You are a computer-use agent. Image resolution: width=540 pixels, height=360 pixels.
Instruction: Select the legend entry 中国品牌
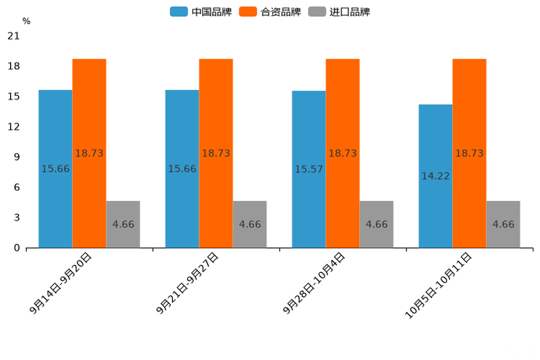point(201,12)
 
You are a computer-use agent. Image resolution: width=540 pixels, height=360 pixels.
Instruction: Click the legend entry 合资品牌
point(271,12)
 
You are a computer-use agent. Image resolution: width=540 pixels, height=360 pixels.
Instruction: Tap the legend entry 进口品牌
point(340,12)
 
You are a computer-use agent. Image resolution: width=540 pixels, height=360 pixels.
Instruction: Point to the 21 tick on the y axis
point(14,36)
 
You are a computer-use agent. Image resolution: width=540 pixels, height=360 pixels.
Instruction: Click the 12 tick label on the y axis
point(14,127)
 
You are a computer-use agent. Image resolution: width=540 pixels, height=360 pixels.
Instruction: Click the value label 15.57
point(308,169)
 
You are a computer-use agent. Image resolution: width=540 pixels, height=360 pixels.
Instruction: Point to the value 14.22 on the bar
point(435,176)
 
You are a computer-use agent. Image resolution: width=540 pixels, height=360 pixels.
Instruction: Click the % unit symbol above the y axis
point(26,22)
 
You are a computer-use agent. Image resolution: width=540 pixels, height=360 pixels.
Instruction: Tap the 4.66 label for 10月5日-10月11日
point(503,224)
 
